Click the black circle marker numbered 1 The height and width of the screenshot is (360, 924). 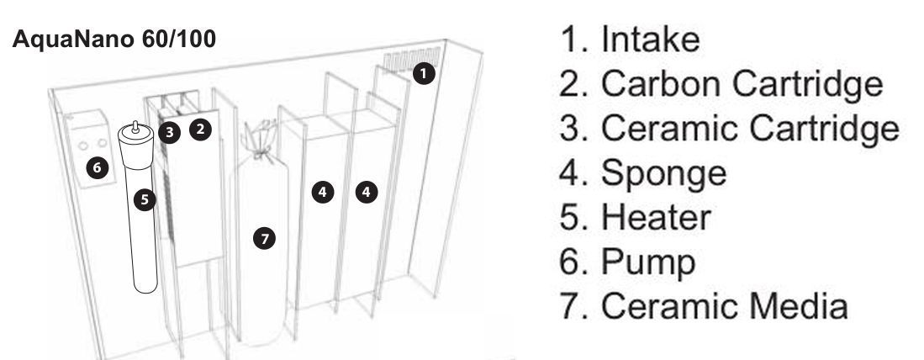[x=424, y=74]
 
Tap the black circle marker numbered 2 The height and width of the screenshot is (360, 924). [x=200, y=129]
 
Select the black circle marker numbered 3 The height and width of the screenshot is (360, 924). [x=169, y=132]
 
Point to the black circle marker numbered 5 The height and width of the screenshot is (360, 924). [x=145, y=199]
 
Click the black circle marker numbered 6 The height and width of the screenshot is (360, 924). [x=98, y=168]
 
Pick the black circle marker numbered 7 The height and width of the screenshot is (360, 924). [x=264, y=238]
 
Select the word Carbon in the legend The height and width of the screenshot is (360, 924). [x=661, y=83]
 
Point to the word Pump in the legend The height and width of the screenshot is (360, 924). [x=648, y=263]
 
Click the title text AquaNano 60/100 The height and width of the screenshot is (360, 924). [x=114, y=39]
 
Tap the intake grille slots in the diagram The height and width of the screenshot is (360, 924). [x=412, y=59]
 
